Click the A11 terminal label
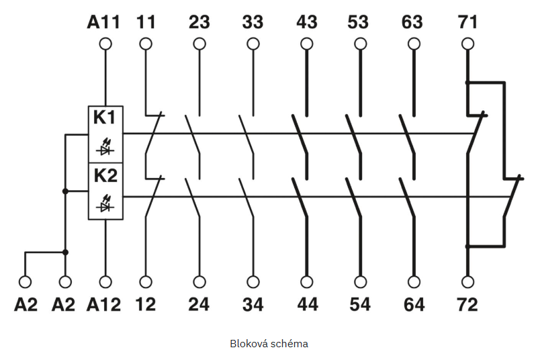[x=104, y=21]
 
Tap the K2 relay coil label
[x=104, y=176]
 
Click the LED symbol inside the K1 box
[x=104, y=144]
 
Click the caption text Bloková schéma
[x=269, y=343]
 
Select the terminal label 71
[x=467, y=21]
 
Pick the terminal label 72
[x=467, y=304]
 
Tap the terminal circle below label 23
[x=199, y=44]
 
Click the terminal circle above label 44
[x=307, y=281]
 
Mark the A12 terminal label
[x=104, y=304]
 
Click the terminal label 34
[x=253, y=304]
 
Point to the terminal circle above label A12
[x=105, y=281]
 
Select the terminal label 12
[x=145, y=304]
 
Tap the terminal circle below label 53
[x=361, y=44]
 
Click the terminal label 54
[x=361, y=304]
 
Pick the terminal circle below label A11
[x=105, y=44]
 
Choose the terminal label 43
[x=307, y=21]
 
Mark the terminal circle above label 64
[x=414, y=281]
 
